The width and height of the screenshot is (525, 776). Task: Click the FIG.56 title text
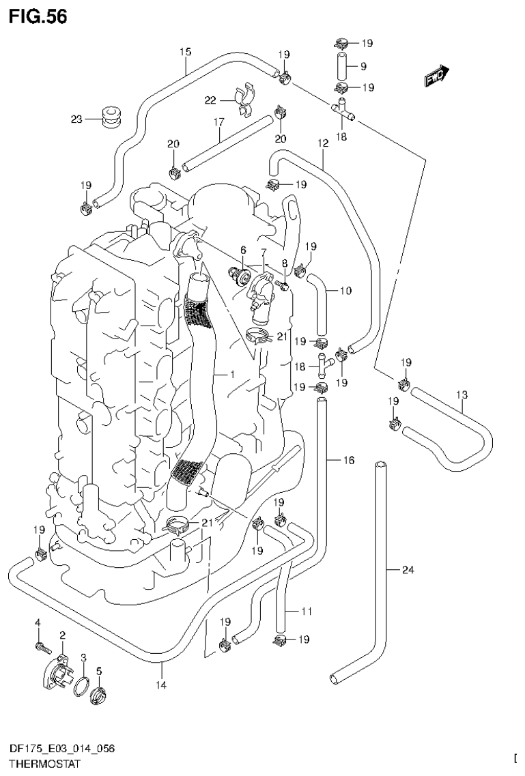(x=38, y=17)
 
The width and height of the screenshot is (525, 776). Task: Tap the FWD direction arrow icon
(x=435, y=76)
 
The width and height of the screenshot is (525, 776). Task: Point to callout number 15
(x=185, y=51)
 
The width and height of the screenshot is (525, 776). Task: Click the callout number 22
(x=210, y=100)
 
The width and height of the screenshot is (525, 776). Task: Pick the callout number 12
(x=323, y=143)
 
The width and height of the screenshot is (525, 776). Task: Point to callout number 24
(x=408, y=570)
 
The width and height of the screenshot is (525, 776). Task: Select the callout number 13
(x=462, y=394)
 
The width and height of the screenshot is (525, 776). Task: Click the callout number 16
(x=348, y=461)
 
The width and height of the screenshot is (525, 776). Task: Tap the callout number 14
(x=162, y=685)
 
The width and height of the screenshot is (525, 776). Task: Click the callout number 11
(x=306, y=612)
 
